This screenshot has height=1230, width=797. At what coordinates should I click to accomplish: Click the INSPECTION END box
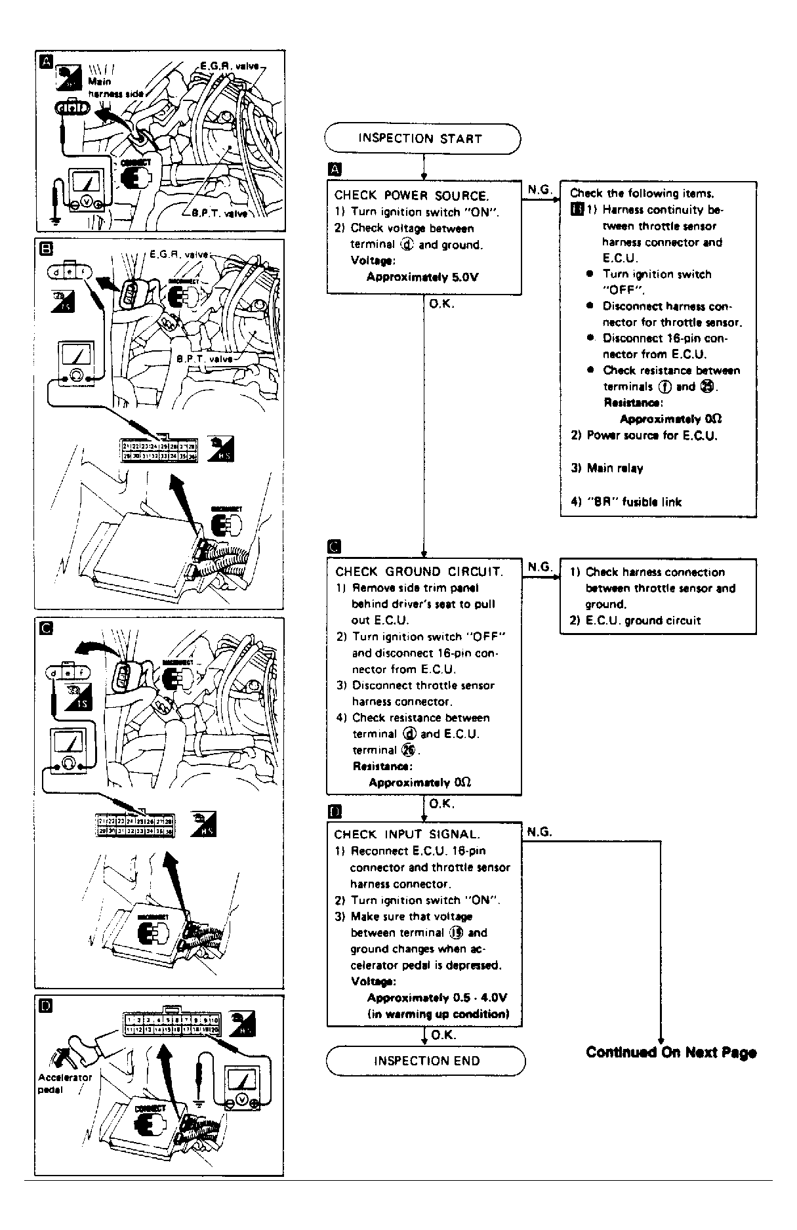tap(426, 1061)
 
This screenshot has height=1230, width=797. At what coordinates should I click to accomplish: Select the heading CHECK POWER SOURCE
tap(411, 195)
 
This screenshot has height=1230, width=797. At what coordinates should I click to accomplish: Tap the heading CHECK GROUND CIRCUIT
tap(419, 571)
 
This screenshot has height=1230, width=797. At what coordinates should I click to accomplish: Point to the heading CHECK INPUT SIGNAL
tap(407, 834)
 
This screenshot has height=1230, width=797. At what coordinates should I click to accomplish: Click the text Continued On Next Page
tap(670, 1052)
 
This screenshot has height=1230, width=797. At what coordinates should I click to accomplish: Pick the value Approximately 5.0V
tap(422, 277)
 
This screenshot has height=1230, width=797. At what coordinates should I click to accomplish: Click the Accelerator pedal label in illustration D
tap(65, 1083)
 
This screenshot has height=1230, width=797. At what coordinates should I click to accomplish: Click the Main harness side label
tap(115, 89)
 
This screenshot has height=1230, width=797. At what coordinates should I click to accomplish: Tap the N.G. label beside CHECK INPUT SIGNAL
tap(539, 831)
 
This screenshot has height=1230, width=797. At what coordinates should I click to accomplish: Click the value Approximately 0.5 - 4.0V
tap(437, 998)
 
